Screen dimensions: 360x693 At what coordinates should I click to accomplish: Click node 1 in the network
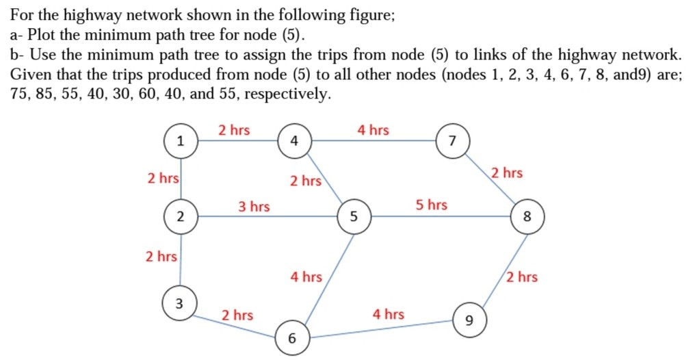(180, 142)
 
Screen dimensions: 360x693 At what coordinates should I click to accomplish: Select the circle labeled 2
(180, 218)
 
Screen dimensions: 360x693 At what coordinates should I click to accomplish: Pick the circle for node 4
(293, 142)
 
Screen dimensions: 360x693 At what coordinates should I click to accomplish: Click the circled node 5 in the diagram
(353, 218)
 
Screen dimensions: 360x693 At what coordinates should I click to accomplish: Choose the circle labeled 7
(451, 142)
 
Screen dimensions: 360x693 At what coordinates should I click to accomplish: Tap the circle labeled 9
(468, 320)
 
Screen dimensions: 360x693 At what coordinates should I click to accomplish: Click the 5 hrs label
(431, 205)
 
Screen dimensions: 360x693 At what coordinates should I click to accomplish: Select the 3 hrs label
(254, 206)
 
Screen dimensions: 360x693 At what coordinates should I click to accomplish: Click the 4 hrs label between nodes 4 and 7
(373, 129)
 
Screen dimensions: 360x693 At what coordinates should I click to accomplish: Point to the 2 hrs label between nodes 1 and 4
(234, 129)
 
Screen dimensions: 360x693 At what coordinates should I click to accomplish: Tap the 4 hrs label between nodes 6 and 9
(388, 314)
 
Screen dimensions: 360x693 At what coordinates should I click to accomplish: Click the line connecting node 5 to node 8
(438, 218)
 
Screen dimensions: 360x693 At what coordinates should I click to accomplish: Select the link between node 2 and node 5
(267, 218)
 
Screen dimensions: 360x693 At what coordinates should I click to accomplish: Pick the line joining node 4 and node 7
(372, 142)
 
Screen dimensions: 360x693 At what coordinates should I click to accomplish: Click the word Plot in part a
(40, 35)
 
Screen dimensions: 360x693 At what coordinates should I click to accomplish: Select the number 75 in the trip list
(20, 94)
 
